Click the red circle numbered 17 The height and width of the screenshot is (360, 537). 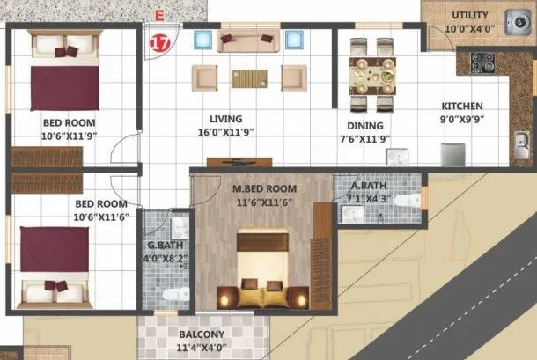[159, 42]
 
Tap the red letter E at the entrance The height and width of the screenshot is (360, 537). [158, 15]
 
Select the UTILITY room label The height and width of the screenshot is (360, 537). [470, 16]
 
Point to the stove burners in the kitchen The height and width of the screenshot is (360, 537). [483, 62]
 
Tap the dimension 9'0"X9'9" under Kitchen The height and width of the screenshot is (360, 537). [462, 119]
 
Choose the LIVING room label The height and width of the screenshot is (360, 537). [226, 119]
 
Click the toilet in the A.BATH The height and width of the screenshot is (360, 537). [406, 201]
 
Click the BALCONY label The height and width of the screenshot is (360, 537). [202, 334]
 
